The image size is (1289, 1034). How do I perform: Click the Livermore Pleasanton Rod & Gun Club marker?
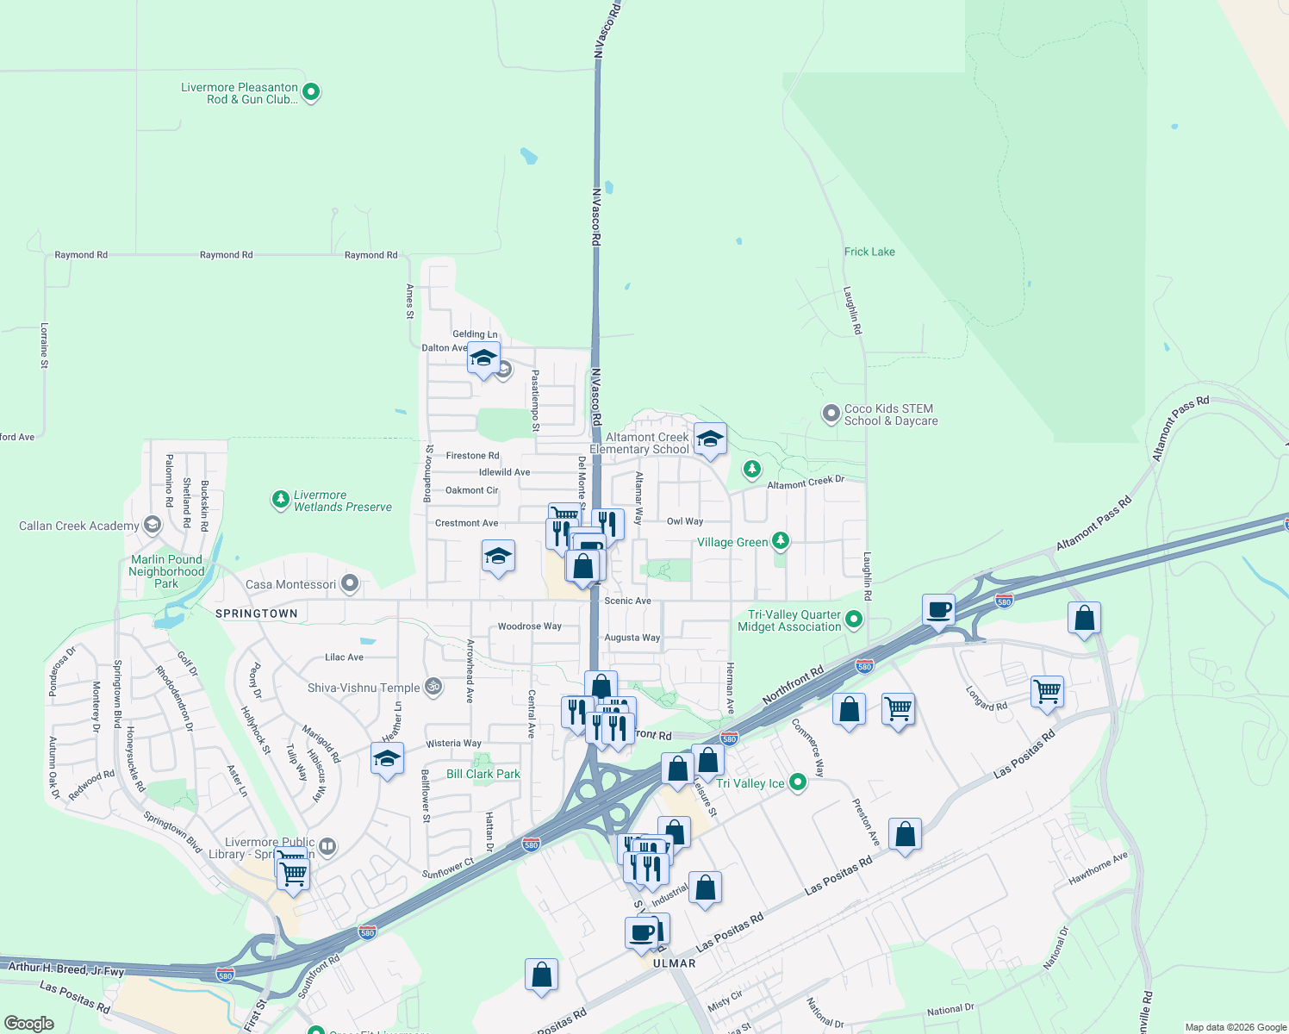[x=311, y=91]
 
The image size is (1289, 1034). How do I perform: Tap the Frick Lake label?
[x=869, y=252]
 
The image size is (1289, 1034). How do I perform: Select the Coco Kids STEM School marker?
[x=831, y=414]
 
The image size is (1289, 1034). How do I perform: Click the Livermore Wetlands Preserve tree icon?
[x=280, y=499]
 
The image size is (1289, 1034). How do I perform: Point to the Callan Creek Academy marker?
[x=153, y=525]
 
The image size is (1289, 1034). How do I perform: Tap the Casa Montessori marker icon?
[x=349, y=583]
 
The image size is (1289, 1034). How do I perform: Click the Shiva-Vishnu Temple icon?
[x=434, y=687]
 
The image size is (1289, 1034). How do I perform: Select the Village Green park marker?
[x=780, y=540]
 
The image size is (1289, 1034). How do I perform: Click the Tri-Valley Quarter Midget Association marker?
[x=853, y=619]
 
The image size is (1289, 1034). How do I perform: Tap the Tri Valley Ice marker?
[x=798, y=782]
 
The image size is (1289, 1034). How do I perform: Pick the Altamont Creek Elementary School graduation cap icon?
[x=709, y=439]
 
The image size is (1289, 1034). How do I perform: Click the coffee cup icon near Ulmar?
[x=641, y=932]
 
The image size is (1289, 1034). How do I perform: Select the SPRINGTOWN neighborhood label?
[x=256, y=614]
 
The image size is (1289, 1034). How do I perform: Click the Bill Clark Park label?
[x=483, y=774]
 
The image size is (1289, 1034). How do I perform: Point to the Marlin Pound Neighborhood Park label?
[x=166, y=571]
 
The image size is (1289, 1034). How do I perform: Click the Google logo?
[x=28, y=1024]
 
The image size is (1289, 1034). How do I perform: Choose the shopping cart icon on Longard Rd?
[x=1047, y=691]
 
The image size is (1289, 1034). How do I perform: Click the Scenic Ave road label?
[x=627, y=601]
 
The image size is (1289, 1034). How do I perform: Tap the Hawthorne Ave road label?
[x=1098, y=869]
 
